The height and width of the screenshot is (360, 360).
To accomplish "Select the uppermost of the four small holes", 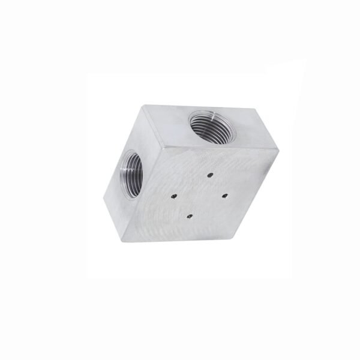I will [210, 174].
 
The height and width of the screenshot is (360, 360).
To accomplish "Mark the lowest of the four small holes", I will [188, 215].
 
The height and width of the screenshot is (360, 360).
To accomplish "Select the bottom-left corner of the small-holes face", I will [124, 241].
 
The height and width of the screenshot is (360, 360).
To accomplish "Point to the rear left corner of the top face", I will [143, 106].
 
